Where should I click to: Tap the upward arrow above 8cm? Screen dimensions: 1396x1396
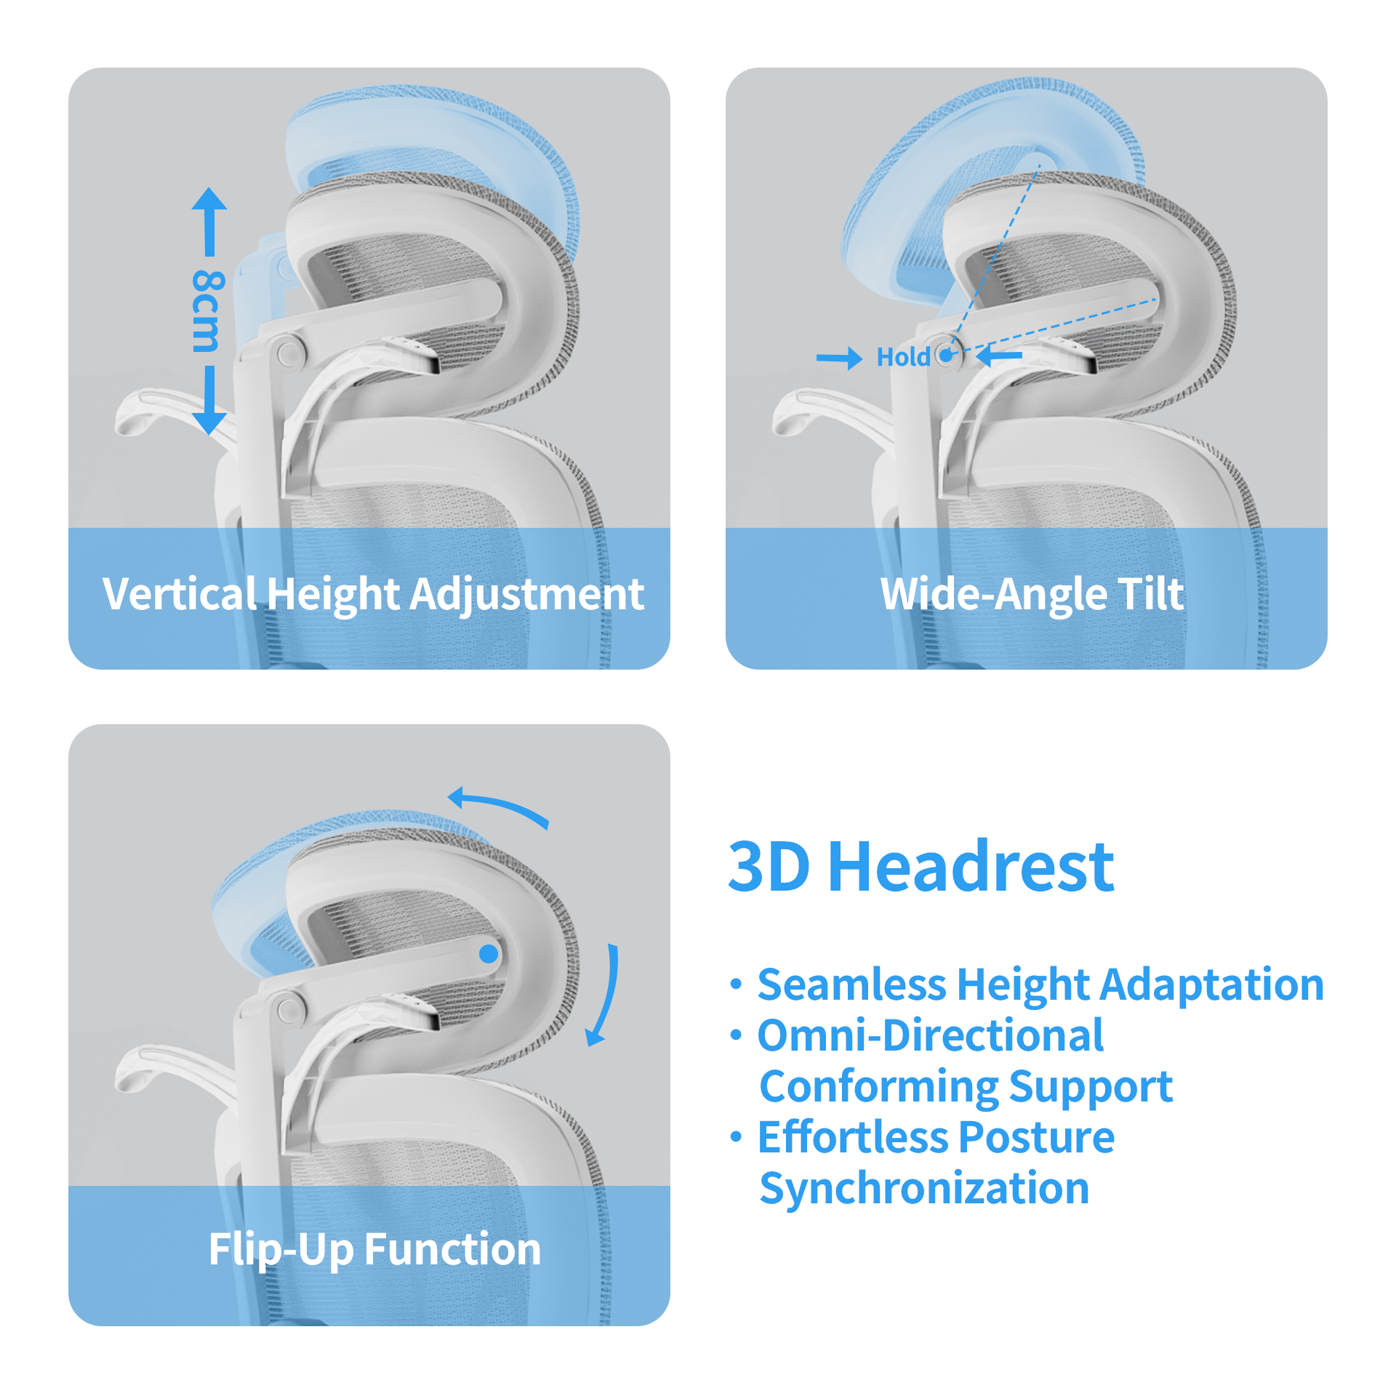(x=209, y=218)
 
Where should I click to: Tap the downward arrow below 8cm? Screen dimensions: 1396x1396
(x=209, y=404)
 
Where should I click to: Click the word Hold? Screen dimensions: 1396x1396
(x=902, y=357)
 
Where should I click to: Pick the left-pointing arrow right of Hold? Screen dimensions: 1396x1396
(x=999, y=356)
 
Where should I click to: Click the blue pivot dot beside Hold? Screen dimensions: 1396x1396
(x=947, y=356)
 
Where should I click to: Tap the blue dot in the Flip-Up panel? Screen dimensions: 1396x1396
(x=489, y=953)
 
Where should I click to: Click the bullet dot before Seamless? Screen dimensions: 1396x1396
(x=737, y=985)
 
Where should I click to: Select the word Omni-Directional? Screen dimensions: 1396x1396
(x=931, y=1035)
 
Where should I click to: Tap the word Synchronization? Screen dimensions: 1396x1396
(x=924, y=1188)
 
